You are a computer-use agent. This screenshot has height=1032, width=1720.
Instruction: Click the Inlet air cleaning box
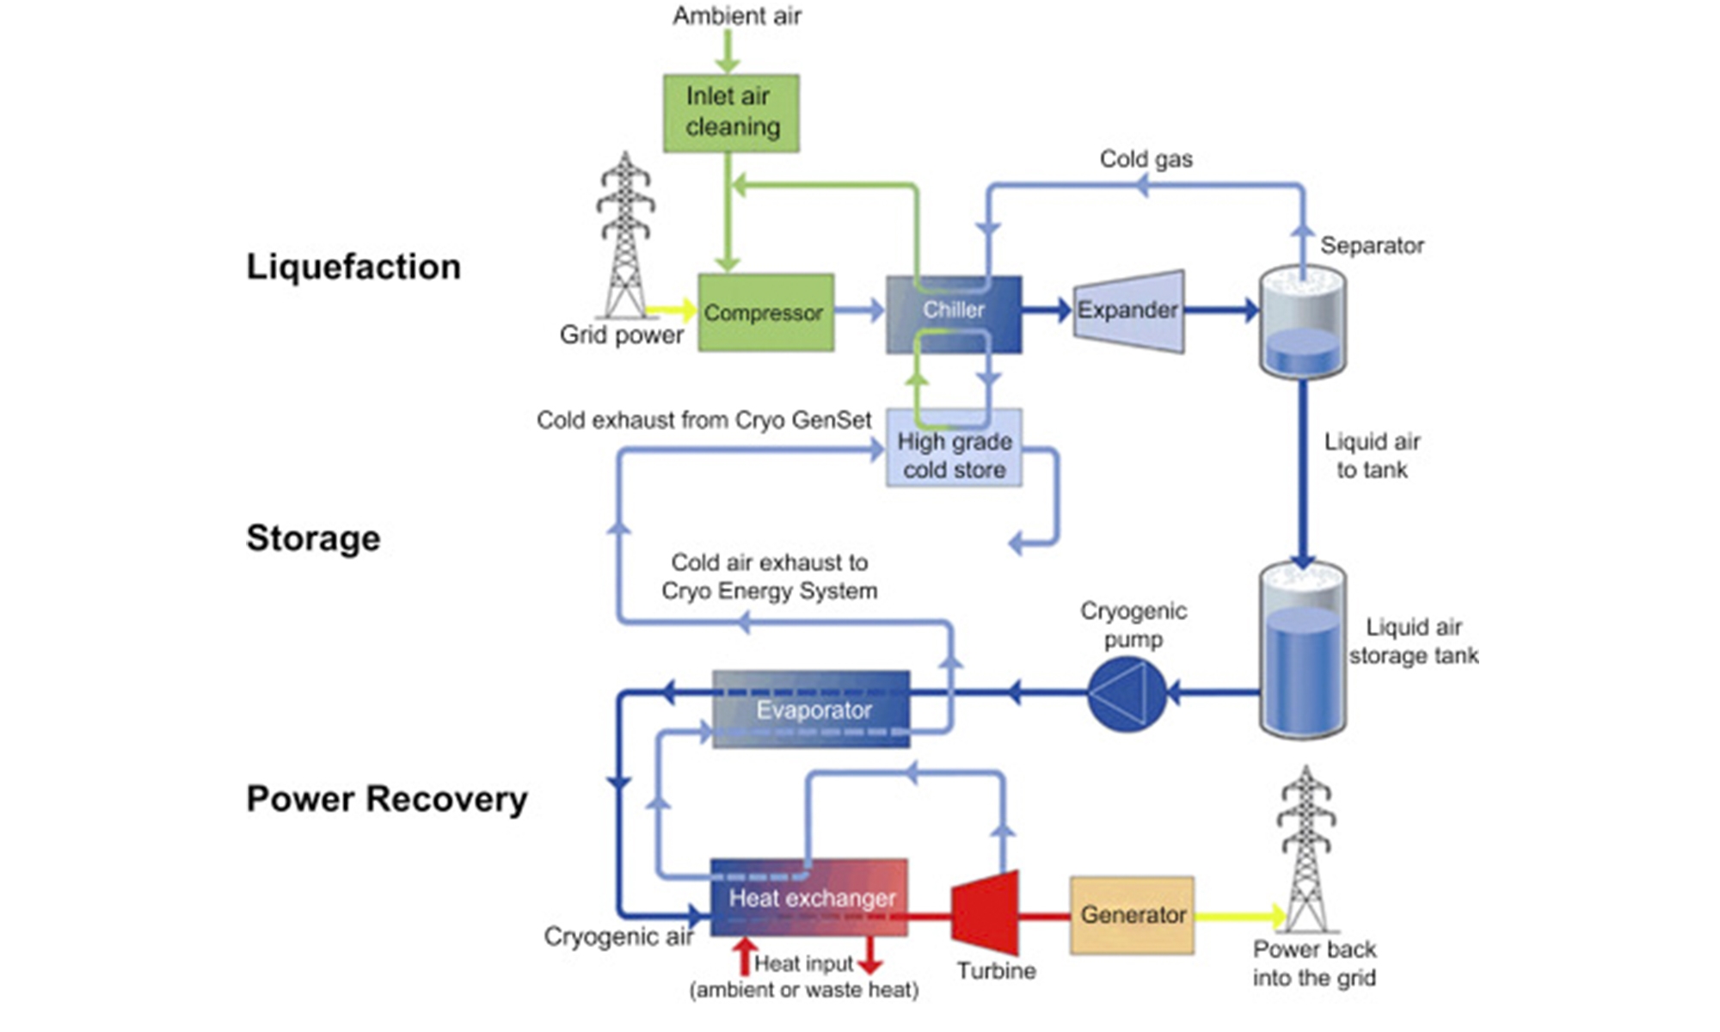(731, 113)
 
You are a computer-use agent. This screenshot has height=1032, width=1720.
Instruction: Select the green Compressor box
(765, 312)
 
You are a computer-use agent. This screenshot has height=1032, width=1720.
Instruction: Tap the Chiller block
(954, 314)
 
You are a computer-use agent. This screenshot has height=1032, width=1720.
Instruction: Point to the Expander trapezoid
(1128, 310)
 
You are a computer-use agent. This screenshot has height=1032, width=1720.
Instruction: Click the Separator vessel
(1303, 322)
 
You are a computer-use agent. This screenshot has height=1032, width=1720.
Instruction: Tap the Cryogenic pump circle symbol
(1127, 693)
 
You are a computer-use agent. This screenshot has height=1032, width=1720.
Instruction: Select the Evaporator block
(811, 709)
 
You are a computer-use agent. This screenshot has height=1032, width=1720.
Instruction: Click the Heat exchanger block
(808, 898)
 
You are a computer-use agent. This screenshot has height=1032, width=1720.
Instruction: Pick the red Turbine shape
(987, 913)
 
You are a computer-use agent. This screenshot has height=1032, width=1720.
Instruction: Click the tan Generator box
(1132, 915)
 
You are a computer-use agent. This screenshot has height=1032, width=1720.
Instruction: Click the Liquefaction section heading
(353, 267)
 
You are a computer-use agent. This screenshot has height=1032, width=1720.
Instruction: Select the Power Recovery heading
(387, 799)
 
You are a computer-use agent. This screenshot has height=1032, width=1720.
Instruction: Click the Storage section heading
(313, 538)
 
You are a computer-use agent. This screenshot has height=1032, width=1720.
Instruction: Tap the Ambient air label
(736, 15)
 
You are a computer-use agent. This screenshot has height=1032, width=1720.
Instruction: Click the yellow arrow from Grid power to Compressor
(670, 310)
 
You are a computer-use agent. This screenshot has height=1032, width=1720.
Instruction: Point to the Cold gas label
(1146, 159)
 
